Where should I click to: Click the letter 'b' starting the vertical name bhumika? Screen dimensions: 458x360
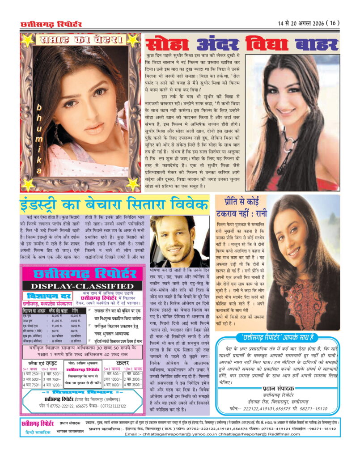pyautogui.click(x=39, y=107)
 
